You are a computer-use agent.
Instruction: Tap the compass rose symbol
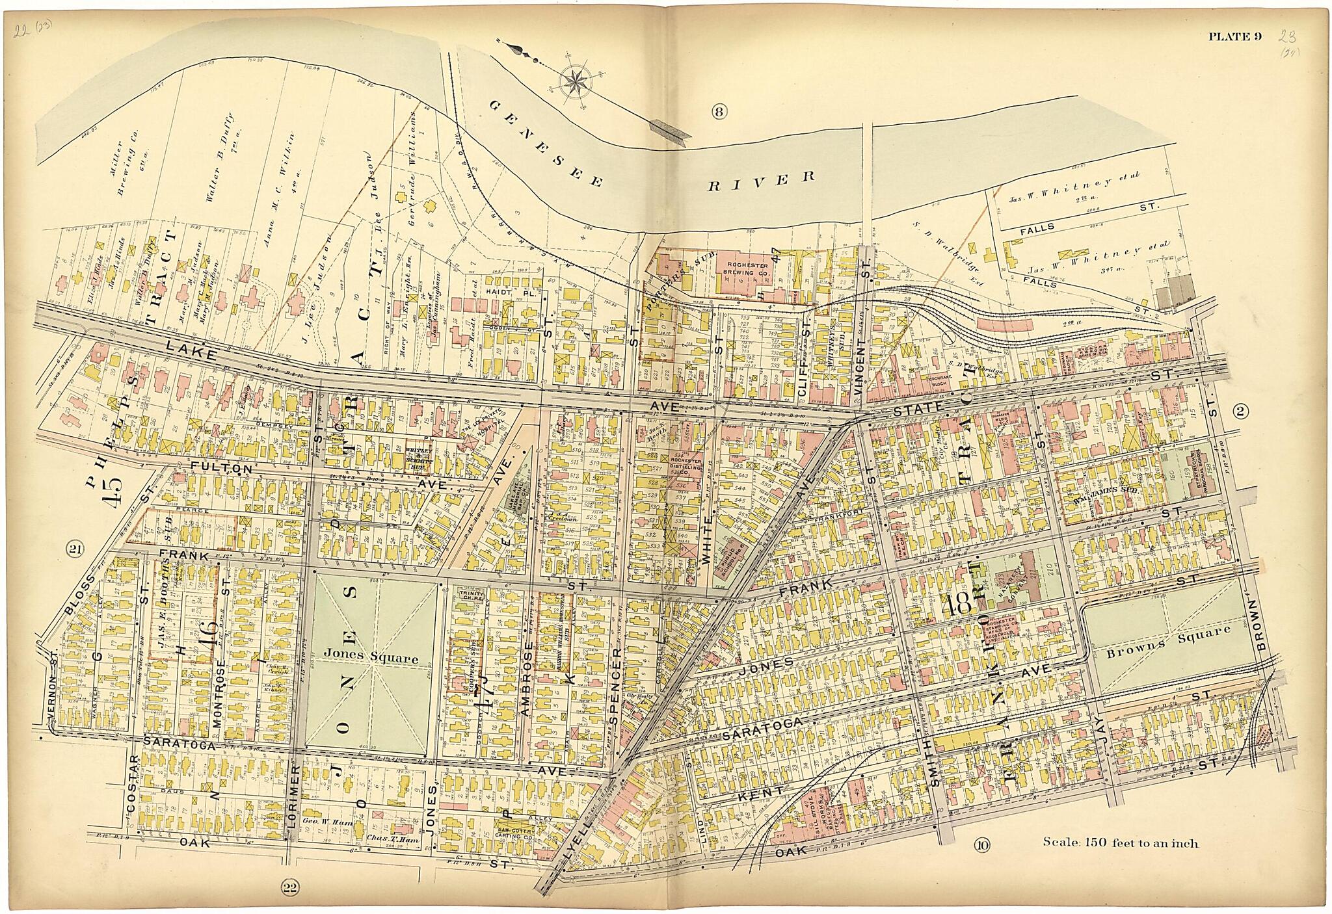coord(574,81)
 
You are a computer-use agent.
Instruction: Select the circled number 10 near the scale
coord(982,845)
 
